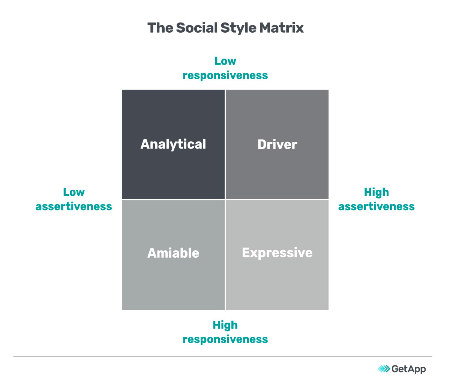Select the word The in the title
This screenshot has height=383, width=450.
(x=160, y=28)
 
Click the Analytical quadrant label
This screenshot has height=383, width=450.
(x=173, y=144)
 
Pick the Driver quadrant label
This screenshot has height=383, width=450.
(x=277, y=144)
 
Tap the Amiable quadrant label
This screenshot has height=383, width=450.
(x=173, y=253)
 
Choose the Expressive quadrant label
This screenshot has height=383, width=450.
(x=277, y=253)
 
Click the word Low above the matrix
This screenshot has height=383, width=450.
(x=225, y=61)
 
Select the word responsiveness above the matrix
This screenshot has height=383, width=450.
(x=225, y=75)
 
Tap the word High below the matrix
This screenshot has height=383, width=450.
(x=225, y=325)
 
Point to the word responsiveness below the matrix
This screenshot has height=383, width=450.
(x=225, y=339)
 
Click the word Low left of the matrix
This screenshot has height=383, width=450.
(x=74, y=192)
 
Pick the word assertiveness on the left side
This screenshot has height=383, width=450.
(x=74, y=206)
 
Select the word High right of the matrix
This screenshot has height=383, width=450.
(x=376, y=192)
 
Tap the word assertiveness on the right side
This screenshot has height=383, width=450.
(x=376, y=206)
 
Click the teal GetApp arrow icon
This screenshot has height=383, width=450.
(x=384, y=369)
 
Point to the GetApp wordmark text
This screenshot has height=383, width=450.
(x=408, y=369)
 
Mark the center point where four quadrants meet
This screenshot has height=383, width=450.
(x=225, y=200)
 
